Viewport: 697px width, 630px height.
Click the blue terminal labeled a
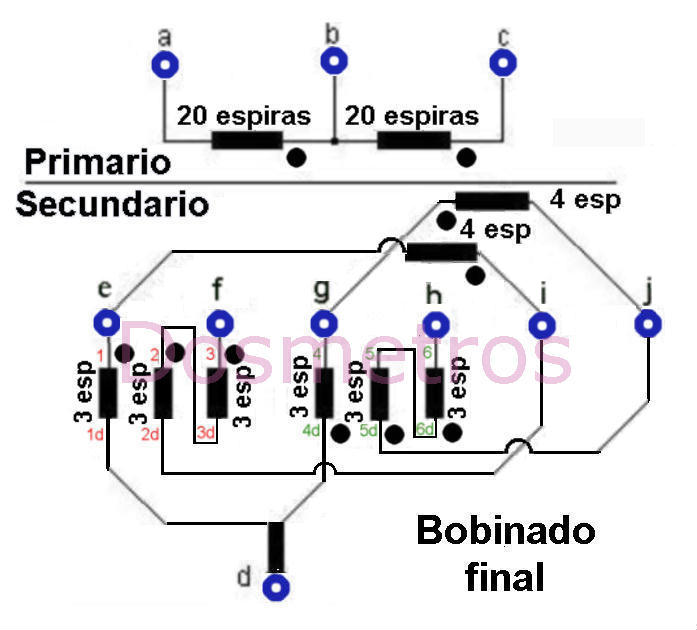[x=165, y=64]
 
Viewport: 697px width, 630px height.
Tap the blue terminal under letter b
[x=334, y=61]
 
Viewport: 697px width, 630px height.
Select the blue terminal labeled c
[x=503, y=62]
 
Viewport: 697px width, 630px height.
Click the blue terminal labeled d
[x=276, y=587]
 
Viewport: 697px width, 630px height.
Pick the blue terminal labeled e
[x=107, y=323]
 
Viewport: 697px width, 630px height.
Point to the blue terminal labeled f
[x=220, y=323]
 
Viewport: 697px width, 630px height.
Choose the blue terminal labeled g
[x=324, y=323]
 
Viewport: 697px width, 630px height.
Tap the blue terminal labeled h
[x=435, y=325]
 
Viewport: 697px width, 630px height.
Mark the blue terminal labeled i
[x=542, y=325]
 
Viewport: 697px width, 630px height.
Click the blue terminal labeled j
[x=648, y=324]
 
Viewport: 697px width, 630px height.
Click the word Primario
[x=98, y=161]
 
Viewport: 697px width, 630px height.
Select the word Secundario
[x=112, y=204]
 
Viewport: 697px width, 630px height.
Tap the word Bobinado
[x=506, y=530]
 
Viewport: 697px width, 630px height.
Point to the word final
[x=505, y=576]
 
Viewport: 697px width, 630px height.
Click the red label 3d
[x=206, y=432]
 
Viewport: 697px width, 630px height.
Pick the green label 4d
[x=312, y=430]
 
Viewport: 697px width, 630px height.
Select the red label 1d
[x=95, y=434]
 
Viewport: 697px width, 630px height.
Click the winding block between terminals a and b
[x=247, y=140]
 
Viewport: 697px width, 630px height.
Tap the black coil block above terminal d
[x=276, y=546]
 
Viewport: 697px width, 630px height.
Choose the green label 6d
[x=425, y=429]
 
